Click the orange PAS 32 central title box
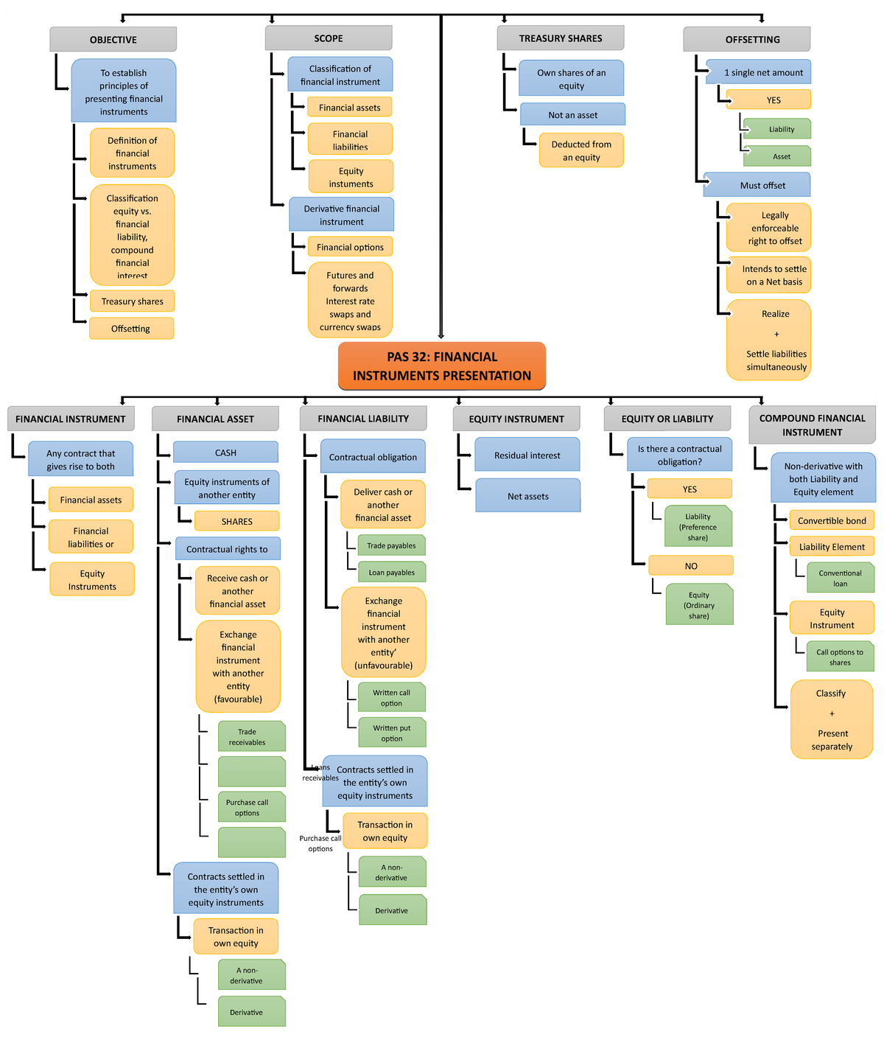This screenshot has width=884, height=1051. tap(441, 366)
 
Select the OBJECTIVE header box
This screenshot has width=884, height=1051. tap(113, 40)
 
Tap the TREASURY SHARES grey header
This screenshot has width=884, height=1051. tap(560, 38)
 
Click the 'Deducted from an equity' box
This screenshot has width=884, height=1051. tap(581, 150)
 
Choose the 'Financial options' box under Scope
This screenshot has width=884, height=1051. tap(350, 247)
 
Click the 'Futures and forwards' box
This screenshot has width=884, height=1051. tap(350, 301)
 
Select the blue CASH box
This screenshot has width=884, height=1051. tap(225, 453)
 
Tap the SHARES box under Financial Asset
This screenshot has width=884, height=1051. tap(236, 521)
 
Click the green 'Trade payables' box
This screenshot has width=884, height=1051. tap(391, 545)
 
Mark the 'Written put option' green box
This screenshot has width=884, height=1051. tap(391, 733)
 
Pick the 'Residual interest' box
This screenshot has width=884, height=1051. tap(527, 455)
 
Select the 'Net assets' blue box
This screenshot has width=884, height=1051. tap(527, 496)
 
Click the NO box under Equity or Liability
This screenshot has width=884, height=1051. tap(690, 566)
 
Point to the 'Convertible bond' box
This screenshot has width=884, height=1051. tap(832, 520)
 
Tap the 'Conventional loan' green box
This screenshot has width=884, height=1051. tap(840, 578)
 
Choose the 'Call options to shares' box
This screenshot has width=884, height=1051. tap(840, 657)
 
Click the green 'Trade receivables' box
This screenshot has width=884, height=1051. tap(250, 737)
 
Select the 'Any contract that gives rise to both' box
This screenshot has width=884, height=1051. tap(81, 460)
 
